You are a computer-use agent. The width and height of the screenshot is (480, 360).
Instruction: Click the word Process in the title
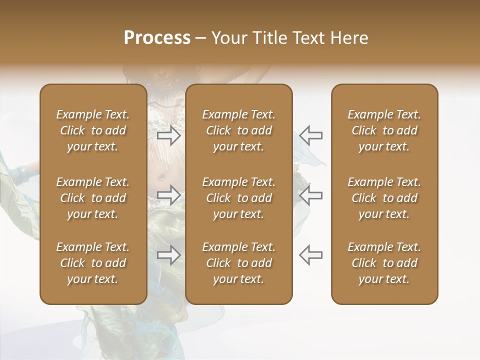pyautogui.click(x=157, y=38)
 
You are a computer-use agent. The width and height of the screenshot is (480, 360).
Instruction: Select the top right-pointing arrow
pyautogui.click(x=169, y=135)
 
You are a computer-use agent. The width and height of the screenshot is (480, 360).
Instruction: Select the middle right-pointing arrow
pyautogui.click(x=169, y=195)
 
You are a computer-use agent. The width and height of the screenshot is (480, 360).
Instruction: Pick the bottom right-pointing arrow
pyautogui.click(x=169, y=254)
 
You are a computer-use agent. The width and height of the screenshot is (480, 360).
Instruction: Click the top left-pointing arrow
pyautogui.click(x=310, y=135)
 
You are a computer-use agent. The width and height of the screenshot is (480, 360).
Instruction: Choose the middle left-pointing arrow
pyautogui.click(x=310, y=195)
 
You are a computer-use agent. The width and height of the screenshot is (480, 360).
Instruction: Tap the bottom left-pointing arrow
pyautogui.click(x=310, y=254)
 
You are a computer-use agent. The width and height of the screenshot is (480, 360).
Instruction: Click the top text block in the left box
pyautogui.click(x=93, y=130)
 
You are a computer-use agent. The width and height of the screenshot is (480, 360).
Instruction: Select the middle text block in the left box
pyautogui.click(x=93, y=198)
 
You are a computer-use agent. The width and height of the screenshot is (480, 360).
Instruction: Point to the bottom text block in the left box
pyautogui.click(x=93, y=263)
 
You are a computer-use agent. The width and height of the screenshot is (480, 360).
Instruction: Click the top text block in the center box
pyautogui.click(x=238, y=130)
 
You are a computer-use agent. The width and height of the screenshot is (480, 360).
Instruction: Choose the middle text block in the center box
pyautogui.click(x=238, y=198)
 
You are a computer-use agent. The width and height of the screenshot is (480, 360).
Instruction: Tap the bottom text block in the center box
pyautogui.click(x=238, y=263)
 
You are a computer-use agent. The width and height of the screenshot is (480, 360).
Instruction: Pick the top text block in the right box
pyautogui.click(x=384, y=130)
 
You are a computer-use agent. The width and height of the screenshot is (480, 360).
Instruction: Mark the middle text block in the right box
pyautogui.click(x=384, y=198)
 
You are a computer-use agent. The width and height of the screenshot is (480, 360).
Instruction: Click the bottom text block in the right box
pyautogui.click(x=384, y=263)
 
